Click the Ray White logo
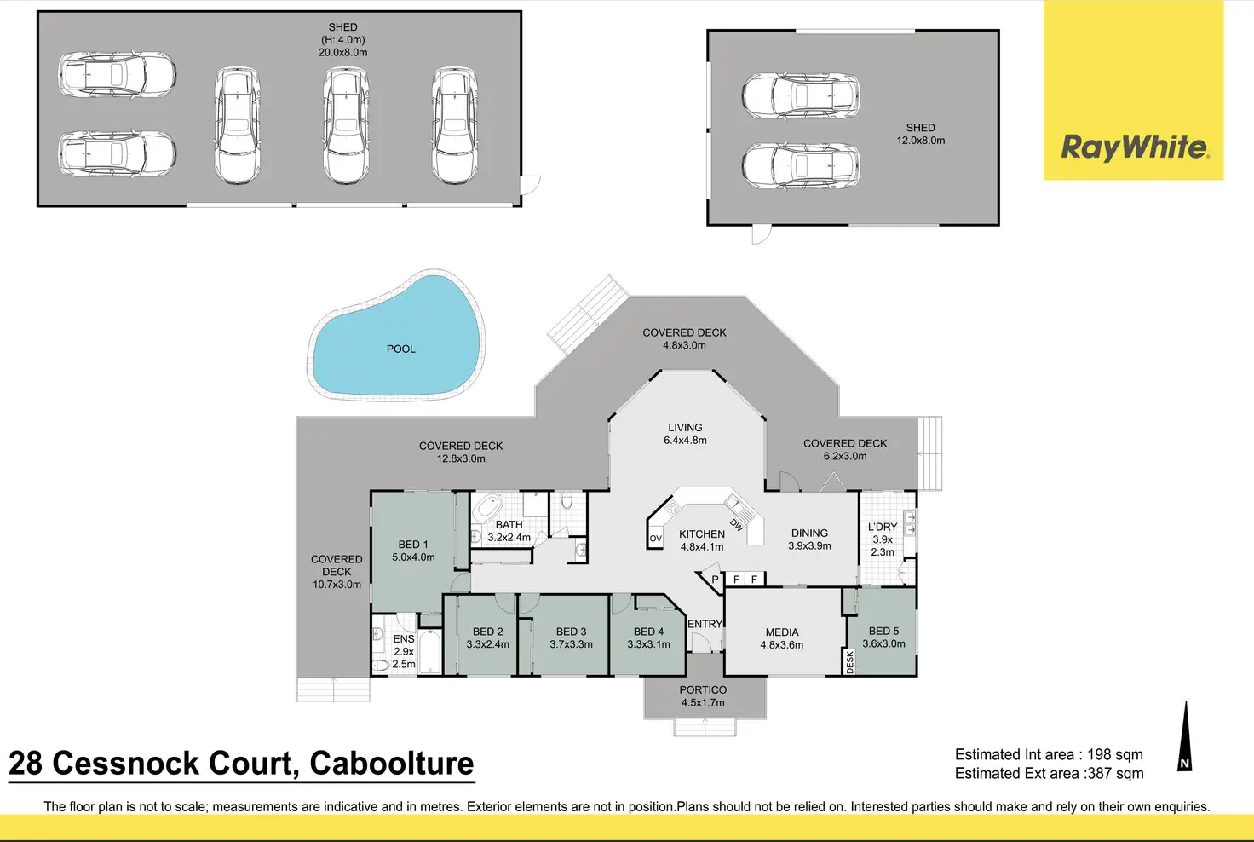(x=1134, y=147)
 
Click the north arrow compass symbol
(x=1184, y=737)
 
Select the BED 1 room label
(x=413, y=545)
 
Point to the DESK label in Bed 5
(x=849, y=662)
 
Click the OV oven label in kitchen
(x=655, y=539)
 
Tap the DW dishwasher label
(x=737, y=525)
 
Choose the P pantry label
(x=715, y=580)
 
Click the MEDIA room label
(x=782, y=632)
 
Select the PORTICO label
(x=703, y=690)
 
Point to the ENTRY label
(x=705, y=624)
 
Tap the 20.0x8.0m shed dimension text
(x=343, y=53)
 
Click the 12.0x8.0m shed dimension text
(x=920, y=141)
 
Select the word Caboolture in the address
(x=391, y=764)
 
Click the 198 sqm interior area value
(x=1114, y=754)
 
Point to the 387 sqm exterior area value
(x=1115, y=774)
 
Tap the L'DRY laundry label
(x=883, y=527)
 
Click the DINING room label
(x=809, y=533)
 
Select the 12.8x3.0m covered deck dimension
(x=461, y=458)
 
